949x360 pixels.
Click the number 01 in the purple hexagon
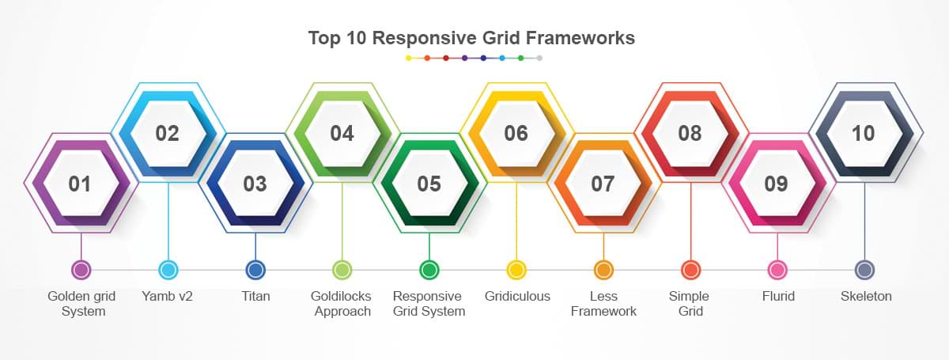click(80, 184)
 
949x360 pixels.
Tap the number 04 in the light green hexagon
click(342, 133)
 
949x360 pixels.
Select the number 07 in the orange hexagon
click(603, 184)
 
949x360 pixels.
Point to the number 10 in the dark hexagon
click(863, 133)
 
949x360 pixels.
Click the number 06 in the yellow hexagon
click(516, 133)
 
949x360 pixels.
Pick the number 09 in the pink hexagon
click(776, 184)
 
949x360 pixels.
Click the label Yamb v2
click(168, 296)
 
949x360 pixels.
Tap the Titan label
click(255, 296)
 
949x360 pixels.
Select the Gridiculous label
click(517, 296)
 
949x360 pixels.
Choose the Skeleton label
click(866, 296)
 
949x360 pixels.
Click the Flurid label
click(778, 296)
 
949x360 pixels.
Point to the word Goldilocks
click(341, 296)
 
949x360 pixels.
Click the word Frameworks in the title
click(580, 38)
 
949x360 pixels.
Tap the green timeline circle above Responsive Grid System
click(429, 270)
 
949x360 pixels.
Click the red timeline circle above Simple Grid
click(690, 270)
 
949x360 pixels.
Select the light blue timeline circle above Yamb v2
click(168, 270)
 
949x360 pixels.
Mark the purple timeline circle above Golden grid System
click(81, 270)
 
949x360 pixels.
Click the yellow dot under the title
click(408, 58)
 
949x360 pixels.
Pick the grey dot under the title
click(539, 58)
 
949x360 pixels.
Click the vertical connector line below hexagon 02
click(168, 222)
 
